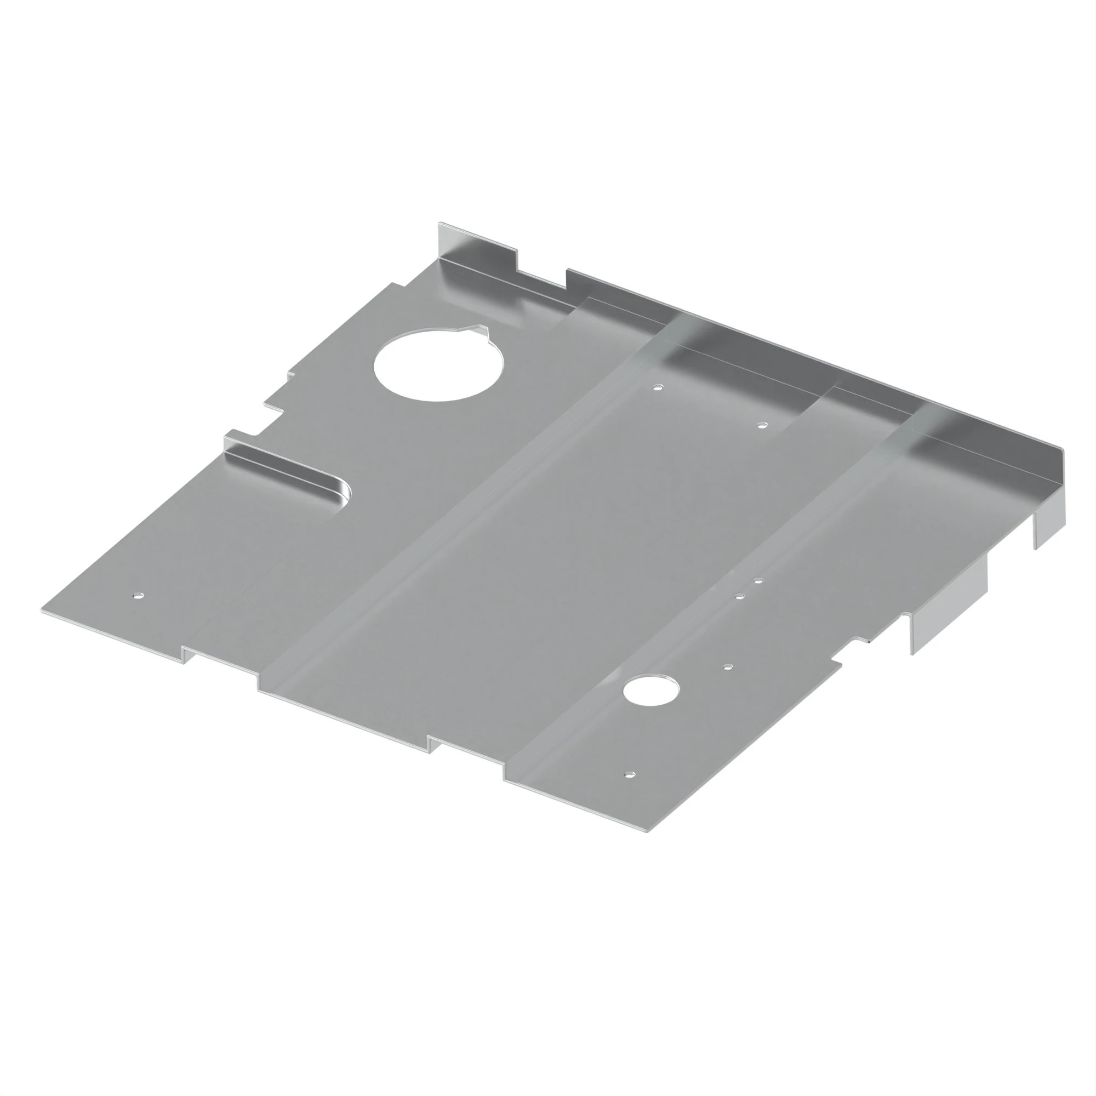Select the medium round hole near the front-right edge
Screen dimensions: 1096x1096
tap(650, 690)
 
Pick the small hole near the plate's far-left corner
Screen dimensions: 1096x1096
tap(139, 596)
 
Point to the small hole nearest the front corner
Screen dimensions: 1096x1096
tap(630, 774)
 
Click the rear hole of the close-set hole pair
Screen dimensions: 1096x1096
tap(758, 581)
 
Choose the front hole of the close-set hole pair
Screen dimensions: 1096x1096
tap(739, 596)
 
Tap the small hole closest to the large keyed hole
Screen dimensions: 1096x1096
tap(658, 389)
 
